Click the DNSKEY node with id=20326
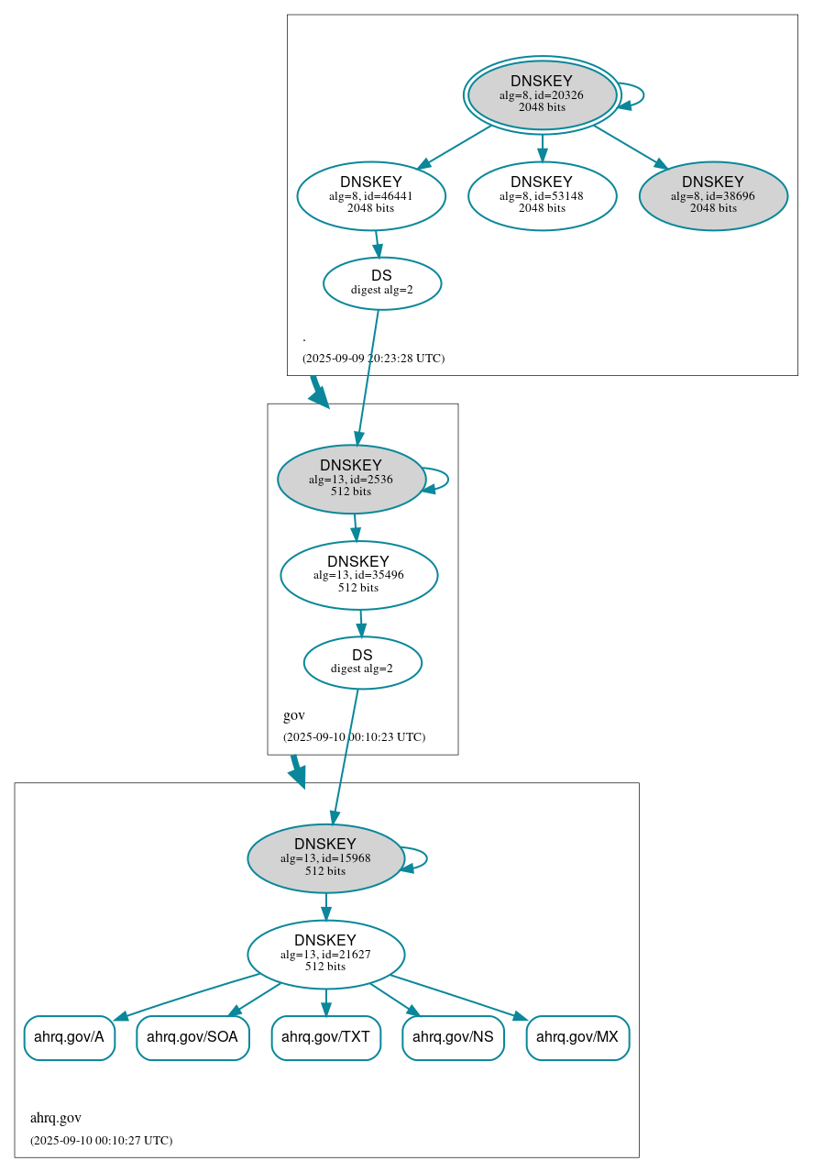click(x=542, y=94)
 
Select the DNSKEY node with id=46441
click(x=371, y=195)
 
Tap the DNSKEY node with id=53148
click(x=542, y=195)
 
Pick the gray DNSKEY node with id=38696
click(x=713, y=195)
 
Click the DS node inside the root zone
click(x=382, y=283)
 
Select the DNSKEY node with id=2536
click(x=351, y=479)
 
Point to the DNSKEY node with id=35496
click(x=358, y=575)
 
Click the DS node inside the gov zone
click(x=362, y=662)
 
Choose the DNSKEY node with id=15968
click(x=325, y=858)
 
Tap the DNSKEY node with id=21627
click(x=325, y=954)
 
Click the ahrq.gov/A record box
click(x=69, y=1037)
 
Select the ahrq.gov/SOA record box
click(x=192, y=1037)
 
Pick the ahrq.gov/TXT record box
click(x=325, y=1037)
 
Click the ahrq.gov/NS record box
click(x=453, y=1037)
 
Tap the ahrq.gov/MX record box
click(x=577, y=1037)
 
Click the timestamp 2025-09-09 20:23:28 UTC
click(x=373, y=359)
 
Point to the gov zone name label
click(x=293, y=715)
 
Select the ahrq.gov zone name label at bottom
click(x=55, y=1118)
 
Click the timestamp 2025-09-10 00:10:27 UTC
click(x=101, y=1141)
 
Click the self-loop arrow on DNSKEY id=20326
click(x=642, y=94)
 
